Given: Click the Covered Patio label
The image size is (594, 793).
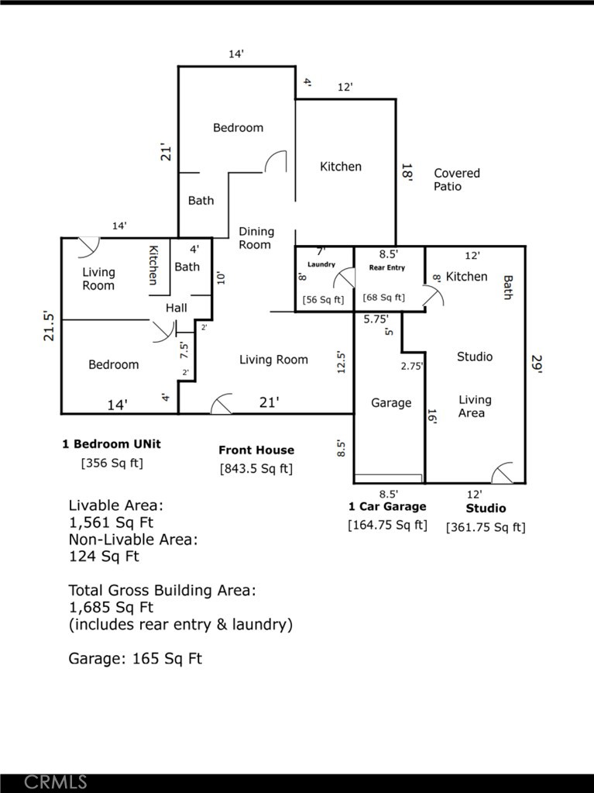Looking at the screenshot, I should point(456,180).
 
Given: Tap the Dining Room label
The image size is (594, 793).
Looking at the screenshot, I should point(256,238).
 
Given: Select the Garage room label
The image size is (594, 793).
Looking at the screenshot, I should point(391,403).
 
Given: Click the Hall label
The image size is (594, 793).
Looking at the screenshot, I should point(177,308).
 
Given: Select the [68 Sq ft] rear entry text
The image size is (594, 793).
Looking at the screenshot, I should point(384,298).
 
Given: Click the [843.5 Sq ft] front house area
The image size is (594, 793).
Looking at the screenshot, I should point(256,468).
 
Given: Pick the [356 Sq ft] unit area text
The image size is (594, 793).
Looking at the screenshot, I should point(112,464).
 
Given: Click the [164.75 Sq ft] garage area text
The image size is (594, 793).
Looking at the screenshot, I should point(387,525).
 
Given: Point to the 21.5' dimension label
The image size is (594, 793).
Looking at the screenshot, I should point(50,326).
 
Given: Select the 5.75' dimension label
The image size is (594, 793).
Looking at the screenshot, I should point(376,318).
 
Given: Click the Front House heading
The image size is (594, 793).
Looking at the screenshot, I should point(256,450).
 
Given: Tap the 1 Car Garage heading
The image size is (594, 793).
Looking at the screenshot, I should point(387,507).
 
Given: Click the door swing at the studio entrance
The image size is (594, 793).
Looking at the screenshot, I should point(503,472).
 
